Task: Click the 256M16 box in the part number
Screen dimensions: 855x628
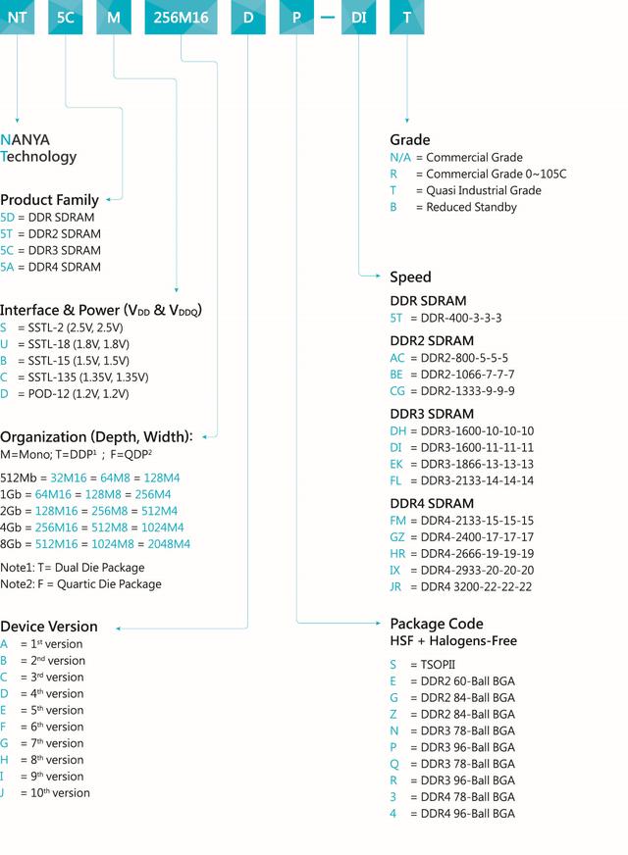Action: click(181, 17)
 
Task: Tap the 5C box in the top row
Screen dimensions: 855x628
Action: click(65, 17)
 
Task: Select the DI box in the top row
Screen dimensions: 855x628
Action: click(359, 17)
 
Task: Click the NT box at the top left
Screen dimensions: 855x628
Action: click(17, 17)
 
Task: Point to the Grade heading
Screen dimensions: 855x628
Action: click(409, 140)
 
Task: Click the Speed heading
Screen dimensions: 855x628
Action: click(410, 277)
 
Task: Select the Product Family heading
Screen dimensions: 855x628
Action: click(49, 200)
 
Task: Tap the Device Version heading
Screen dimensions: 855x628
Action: click(49, 627)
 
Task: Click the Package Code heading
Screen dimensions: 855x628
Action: click(437, 624)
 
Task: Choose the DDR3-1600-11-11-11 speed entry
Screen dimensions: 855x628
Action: click(461, 447)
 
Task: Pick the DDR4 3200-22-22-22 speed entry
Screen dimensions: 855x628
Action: click(460, 586)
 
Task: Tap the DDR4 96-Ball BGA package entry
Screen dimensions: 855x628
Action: click(451, 813)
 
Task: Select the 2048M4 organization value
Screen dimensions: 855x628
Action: click(167, 543)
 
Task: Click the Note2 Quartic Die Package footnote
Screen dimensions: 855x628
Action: click(80, 584)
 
